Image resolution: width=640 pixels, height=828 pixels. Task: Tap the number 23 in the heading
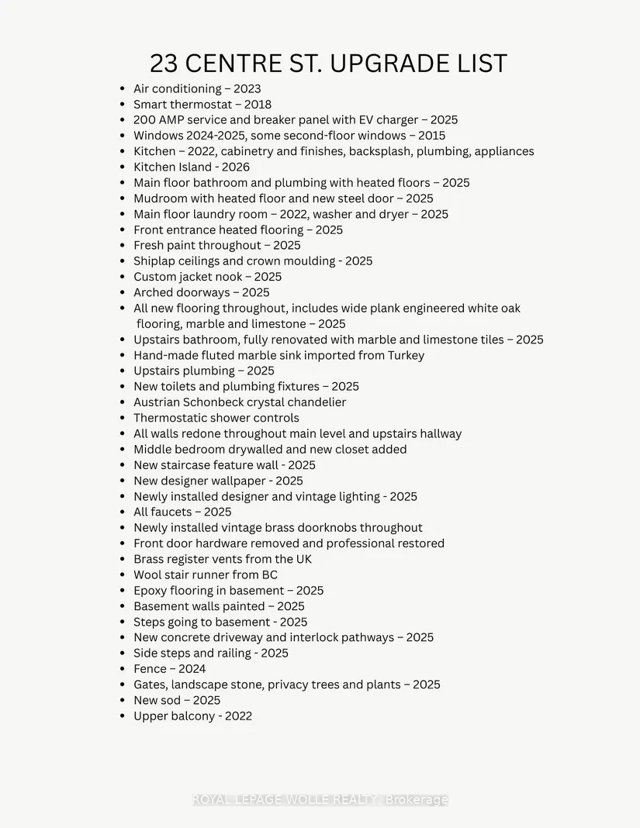[164, 64]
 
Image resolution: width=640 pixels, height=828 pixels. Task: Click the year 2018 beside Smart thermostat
[256, 104]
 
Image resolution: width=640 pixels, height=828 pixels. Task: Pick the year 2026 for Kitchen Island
[234, 167]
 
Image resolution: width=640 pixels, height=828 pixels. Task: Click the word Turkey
[405, 355]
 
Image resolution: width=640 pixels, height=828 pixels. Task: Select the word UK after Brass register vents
[303, 559]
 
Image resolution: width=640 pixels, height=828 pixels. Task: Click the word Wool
[148, 574]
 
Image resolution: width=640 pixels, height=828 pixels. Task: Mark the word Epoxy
[150, 591]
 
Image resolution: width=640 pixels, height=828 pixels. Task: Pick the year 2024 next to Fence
[192, 669]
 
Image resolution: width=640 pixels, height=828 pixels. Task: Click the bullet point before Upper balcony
[122, 716]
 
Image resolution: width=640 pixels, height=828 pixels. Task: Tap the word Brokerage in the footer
[417, 799]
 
